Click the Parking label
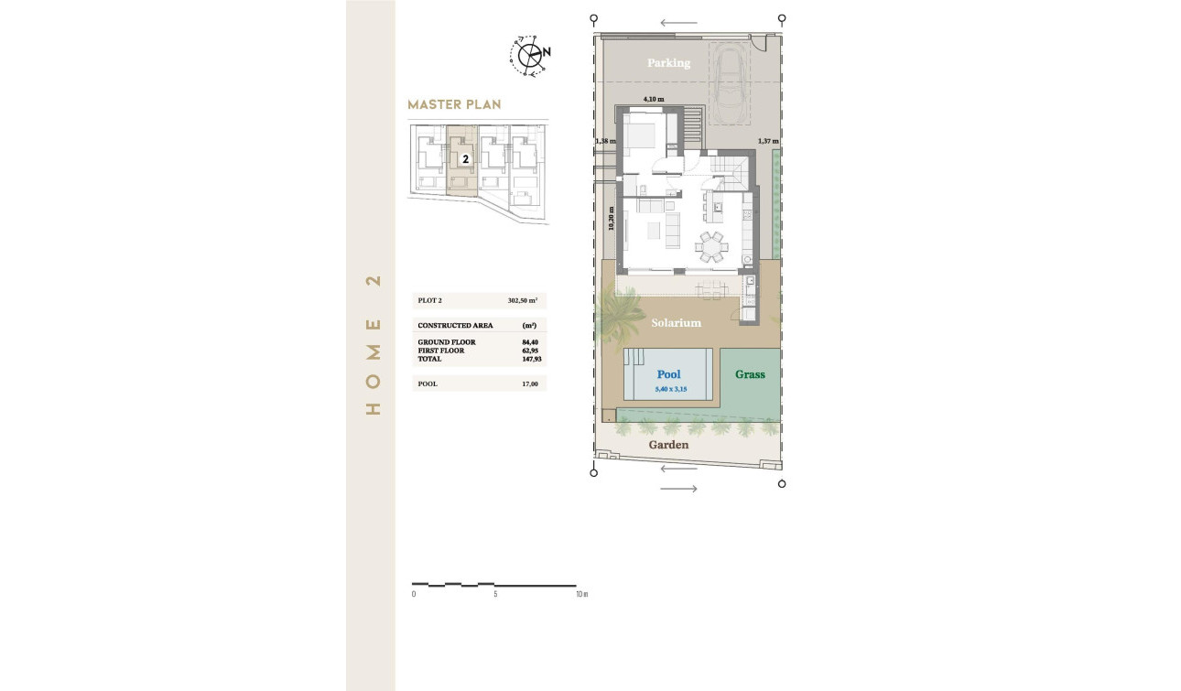668,63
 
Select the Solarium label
676,323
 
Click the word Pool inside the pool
668,374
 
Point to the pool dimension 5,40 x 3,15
670,389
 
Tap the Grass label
750,374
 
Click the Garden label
668,445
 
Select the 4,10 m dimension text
653,98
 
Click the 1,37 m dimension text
768,141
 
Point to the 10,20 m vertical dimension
611,219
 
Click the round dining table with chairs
712,245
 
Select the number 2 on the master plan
466,158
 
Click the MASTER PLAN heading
454,104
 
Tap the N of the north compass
547,52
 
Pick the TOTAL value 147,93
530,359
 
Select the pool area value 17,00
530,383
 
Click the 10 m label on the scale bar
581,595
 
